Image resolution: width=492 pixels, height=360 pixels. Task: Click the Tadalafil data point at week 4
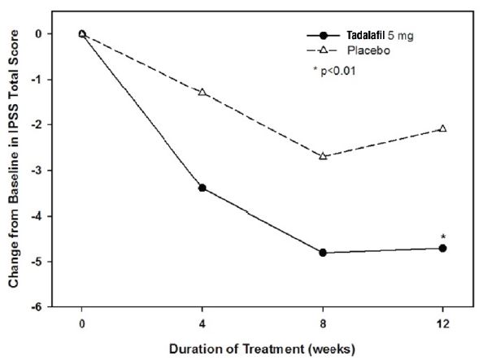pyautogui.click(x=202, y=188)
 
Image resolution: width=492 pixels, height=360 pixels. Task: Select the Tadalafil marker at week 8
pyautogui.click(x=323, y=253)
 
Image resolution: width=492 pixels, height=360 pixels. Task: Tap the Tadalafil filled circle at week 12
pyautogui.click(x=443, y=248)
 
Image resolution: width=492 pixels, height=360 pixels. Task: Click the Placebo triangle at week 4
pyautogui.click(x=202, y=92)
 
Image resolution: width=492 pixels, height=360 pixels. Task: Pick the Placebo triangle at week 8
pyautogui.click(x=323, y=155)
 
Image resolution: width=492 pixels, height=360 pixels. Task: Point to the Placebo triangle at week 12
pyautogui.click(x=443, y=128)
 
